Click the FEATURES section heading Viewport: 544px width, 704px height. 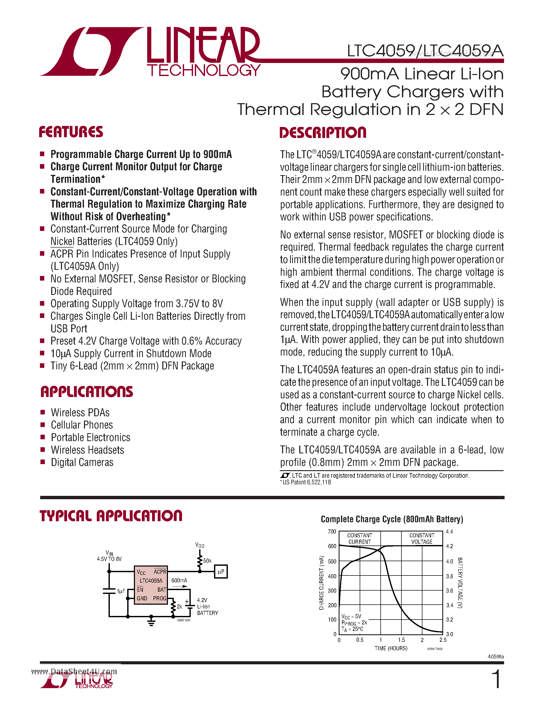tap(71, 132)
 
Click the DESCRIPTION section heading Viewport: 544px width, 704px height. tap(323, 133)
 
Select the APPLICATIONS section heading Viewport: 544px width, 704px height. tap(86, 392)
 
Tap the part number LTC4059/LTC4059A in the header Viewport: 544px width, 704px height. tap(425, 51)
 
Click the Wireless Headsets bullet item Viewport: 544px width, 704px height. tap(87, 450)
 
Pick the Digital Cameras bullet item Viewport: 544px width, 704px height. tap(82, 462)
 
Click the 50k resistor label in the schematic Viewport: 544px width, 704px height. tap(207, 561)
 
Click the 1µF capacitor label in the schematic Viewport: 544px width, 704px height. tap(121, 591)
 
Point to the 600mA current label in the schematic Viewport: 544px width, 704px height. tap(179, 581)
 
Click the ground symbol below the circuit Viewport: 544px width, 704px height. tap(151, 622)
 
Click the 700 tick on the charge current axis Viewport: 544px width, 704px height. tap(332, 531)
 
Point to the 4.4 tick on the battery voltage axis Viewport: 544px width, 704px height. tap(449, 531)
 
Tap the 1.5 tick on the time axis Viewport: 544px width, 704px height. tap(401, 640)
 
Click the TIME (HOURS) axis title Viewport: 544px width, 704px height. tap(391, 648)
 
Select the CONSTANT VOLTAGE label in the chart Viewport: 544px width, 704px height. tap(422, 539)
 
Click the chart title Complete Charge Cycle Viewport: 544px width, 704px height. tap(392, 519)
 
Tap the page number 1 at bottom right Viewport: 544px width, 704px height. tap(497, 679)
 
